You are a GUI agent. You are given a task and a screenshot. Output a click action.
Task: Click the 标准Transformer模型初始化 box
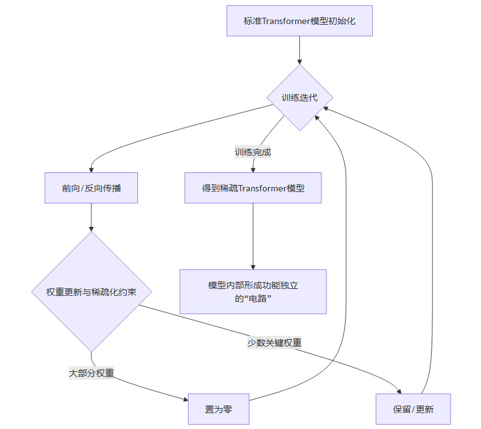[299, 21]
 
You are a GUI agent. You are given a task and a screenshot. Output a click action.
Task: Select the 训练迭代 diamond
[299, 98]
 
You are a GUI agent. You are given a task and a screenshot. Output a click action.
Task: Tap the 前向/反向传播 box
[91, 188]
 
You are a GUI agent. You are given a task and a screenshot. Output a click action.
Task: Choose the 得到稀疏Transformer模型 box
[253, 188]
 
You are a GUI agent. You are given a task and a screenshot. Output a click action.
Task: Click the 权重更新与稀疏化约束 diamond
[91, 292]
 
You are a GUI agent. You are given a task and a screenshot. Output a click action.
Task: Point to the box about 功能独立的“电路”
[253, 291]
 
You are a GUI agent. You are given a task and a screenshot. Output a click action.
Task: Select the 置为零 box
[218, 409]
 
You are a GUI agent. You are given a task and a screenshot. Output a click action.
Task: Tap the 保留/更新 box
[413, 409]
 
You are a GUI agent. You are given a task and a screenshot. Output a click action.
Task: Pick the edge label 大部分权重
[91, 373]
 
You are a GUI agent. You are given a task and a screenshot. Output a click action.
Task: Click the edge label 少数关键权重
[274, 343]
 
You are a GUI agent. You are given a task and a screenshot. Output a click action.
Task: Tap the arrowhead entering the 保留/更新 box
[399, 391]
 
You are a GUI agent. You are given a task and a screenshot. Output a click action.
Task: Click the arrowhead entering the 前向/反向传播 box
[91, 169]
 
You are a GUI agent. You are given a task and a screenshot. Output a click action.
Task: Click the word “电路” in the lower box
[261, 298]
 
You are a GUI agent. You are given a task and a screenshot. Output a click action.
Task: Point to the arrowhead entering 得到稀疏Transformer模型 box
[253, 169]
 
